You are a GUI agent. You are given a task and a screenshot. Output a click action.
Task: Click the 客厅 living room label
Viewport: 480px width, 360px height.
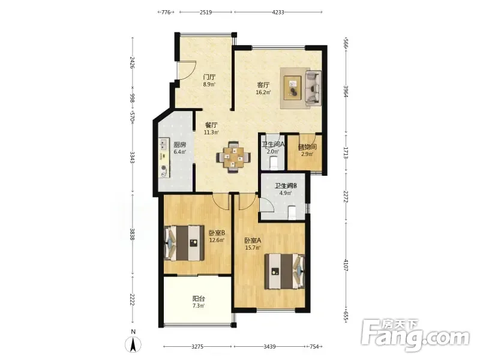point(263,85)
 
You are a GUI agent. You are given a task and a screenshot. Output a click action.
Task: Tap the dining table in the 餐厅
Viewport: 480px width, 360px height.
point(233,157)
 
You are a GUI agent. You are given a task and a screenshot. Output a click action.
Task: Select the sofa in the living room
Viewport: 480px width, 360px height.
point(313,88)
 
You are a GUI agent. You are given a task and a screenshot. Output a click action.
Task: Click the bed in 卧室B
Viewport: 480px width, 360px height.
point(184,243)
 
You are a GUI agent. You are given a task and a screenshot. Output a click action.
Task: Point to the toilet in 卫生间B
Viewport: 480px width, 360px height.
point(292,213)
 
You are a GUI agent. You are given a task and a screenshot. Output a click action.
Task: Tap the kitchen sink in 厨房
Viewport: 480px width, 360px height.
point(164,144)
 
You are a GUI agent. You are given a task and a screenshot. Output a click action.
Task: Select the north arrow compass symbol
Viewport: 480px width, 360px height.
point(133,344)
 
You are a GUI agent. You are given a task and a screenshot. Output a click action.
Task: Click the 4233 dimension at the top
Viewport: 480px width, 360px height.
point(278,12)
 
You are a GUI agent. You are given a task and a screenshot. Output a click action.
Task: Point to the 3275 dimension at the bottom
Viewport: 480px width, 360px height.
point(197,347)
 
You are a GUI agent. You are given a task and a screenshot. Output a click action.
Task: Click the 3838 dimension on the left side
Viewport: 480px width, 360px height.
point(132,234)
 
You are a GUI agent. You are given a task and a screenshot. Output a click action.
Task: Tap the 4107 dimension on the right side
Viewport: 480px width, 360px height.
point(346,265)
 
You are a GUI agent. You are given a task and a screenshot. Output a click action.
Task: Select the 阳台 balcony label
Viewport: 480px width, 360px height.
point(199,298)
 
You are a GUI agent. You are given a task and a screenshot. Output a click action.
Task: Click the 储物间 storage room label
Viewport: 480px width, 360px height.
point(307,147)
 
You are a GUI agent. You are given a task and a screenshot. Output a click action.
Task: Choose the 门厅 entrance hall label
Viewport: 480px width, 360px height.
point(209,77)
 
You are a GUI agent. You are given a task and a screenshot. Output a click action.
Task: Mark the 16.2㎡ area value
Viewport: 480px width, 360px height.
point(263,92)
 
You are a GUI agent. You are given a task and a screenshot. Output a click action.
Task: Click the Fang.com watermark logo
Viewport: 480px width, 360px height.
point(415,335)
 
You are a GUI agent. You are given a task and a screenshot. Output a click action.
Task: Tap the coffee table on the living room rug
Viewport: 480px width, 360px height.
point(293,88)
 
